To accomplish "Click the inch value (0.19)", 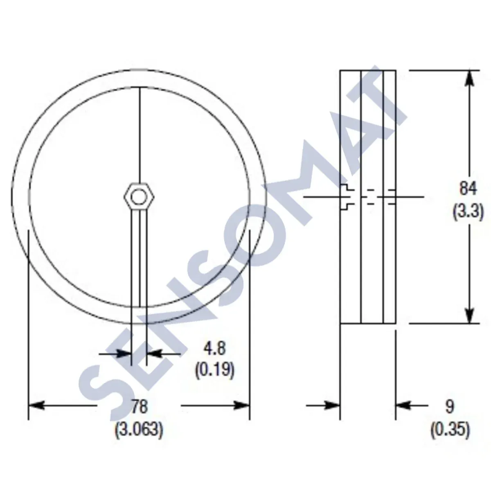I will point(214,370).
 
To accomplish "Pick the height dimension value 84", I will point(468,189).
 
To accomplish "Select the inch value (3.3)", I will point(468,212).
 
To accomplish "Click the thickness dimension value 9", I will point(450,407).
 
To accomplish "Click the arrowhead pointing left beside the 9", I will point(403,405).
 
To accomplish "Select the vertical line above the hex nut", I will point(140,135).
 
